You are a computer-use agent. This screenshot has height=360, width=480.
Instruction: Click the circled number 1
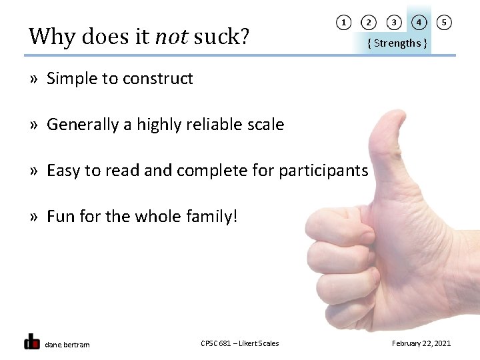[343, 23]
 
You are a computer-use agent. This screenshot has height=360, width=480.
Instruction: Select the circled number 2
[368, 23]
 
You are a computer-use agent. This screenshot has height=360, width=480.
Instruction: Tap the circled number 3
[394, 23]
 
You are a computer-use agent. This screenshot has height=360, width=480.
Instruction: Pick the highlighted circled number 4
[419, 23]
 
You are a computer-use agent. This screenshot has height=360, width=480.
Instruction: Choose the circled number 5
[444, 23]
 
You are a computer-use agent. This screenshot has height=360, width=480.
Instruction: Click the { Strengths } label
[397, 43]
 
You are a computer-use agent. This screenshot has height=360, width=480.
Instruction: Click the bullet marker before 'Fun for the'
[33, 217]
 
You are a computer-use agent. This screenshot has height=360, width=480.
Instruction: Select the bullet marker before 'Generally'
[33, 125]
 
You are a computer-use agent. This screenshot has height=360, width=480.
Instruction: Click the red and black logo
[31, 341]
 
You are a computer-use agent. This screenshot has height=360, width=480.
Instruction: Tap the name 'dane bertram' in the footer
[67, 344]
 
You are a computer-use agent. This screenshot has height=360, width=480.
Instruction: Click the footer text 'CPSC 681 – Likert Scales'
[239, 343]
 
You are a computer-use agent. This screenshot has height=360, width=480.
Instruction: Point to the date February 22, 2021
[421, 343]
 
